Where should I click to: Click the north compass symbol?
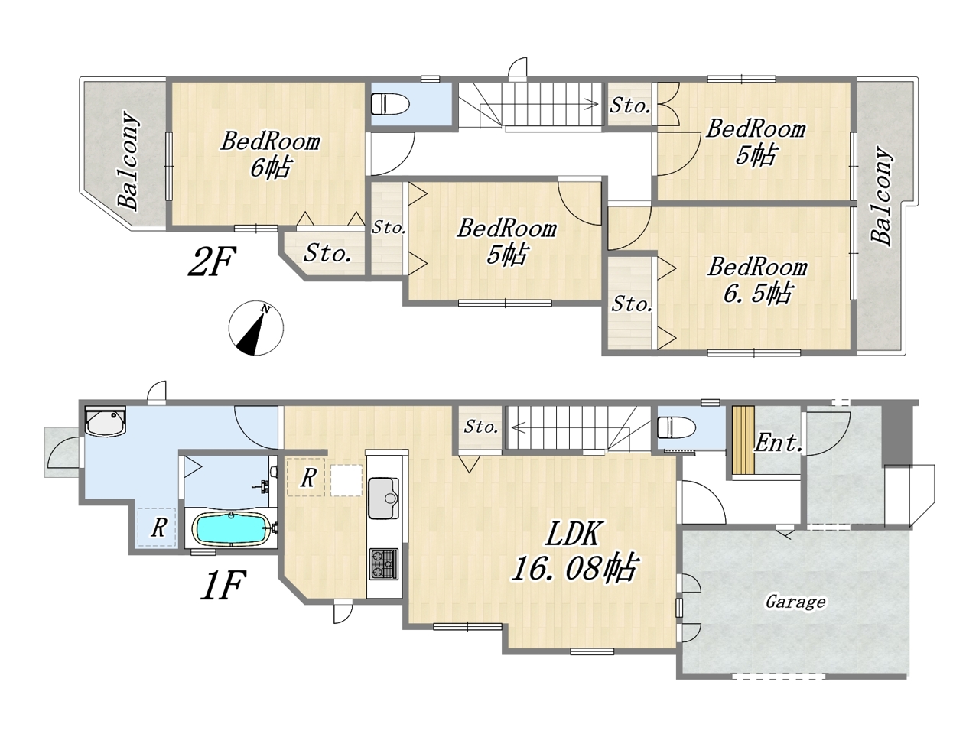click(256, 328)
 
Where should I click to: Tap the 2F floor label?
click(211, 261)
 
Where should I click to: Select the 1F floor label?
click(223, 586)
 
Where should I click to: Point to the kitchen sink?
click(383, 499)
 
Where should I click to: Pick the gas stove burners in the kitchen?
click(384, 564)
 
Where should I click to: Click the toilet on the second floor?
click(390, 103)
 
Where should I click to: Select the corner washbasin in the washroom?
click(106, 421)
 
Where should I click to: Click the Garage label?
click(795, 602)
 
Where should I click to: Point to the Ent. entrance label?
click(779, 443)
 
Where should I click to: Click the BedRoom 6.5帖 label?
click(757, 280)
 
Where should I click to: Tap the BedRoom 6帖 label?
click(270, 154)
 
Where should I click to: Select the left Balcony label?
click(128, 161)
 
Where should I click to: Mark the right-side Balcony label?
click(882, 195)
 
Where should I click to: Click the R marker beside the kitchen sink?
click(307, 478)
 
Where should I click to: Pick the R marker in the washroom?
click(158, 528)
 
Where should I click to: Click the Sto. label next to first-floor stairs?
click(481, 427)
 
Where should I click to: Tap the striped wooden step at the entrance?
click(743, 440)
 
